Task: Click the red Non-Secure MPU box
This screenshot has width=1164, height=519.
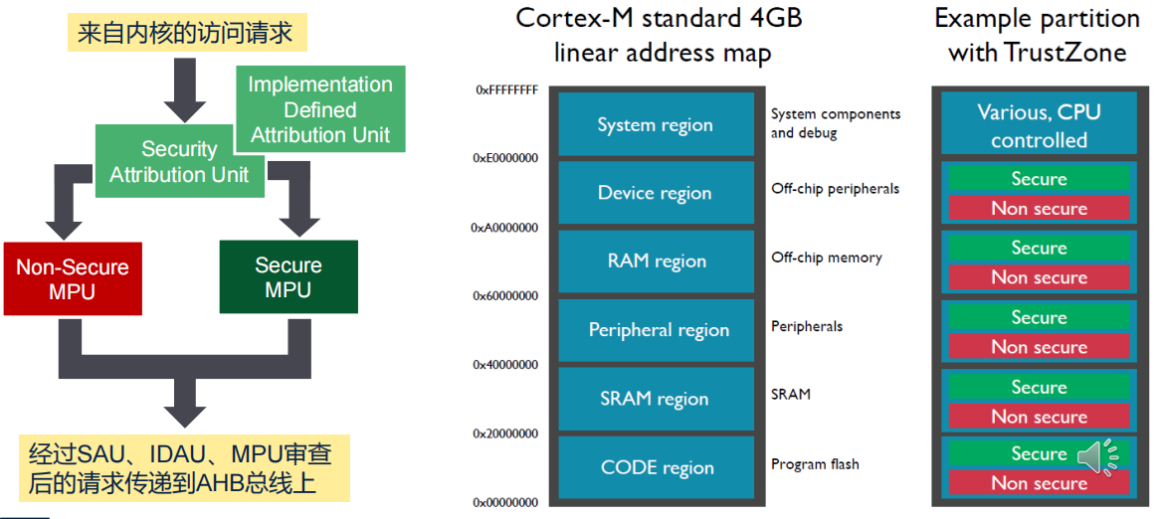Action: click(x=72, y=277)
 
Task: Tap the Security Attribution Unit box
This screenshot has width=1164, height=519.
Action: click(x=180, y=161)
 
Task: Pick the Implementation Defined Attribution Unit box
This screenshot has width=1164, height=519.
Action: click(x=320, y=109)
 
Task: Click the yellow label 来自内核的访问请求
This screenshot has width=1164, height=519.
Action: click(x=187, y=34)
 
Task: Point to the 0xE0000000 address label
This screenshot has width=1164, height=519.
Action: click(x=504, y=158)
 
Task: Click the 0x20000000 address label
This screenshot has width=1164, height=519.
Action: click(x=504, y=432)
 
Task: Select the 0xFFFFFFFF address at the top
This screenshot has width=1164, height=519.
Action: click(x=507, y=89)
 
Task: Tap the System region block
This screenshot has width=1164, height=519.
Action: click(x=655, y=124)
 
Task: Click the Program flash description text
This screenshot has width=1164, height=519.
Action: click(x=815, y=464)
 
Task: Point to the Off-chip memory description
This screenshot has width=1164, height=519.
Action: click(x=826, y=258)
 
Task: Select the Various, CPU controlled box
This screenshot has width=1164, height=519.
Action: click(x=1039, y=125)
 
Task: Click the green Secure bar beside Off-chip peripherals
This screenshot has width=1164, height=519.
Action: click(x=1039, y=179)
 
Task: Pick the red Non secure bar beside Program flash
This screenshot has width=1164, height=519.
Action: click(x=1039, y=483)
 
